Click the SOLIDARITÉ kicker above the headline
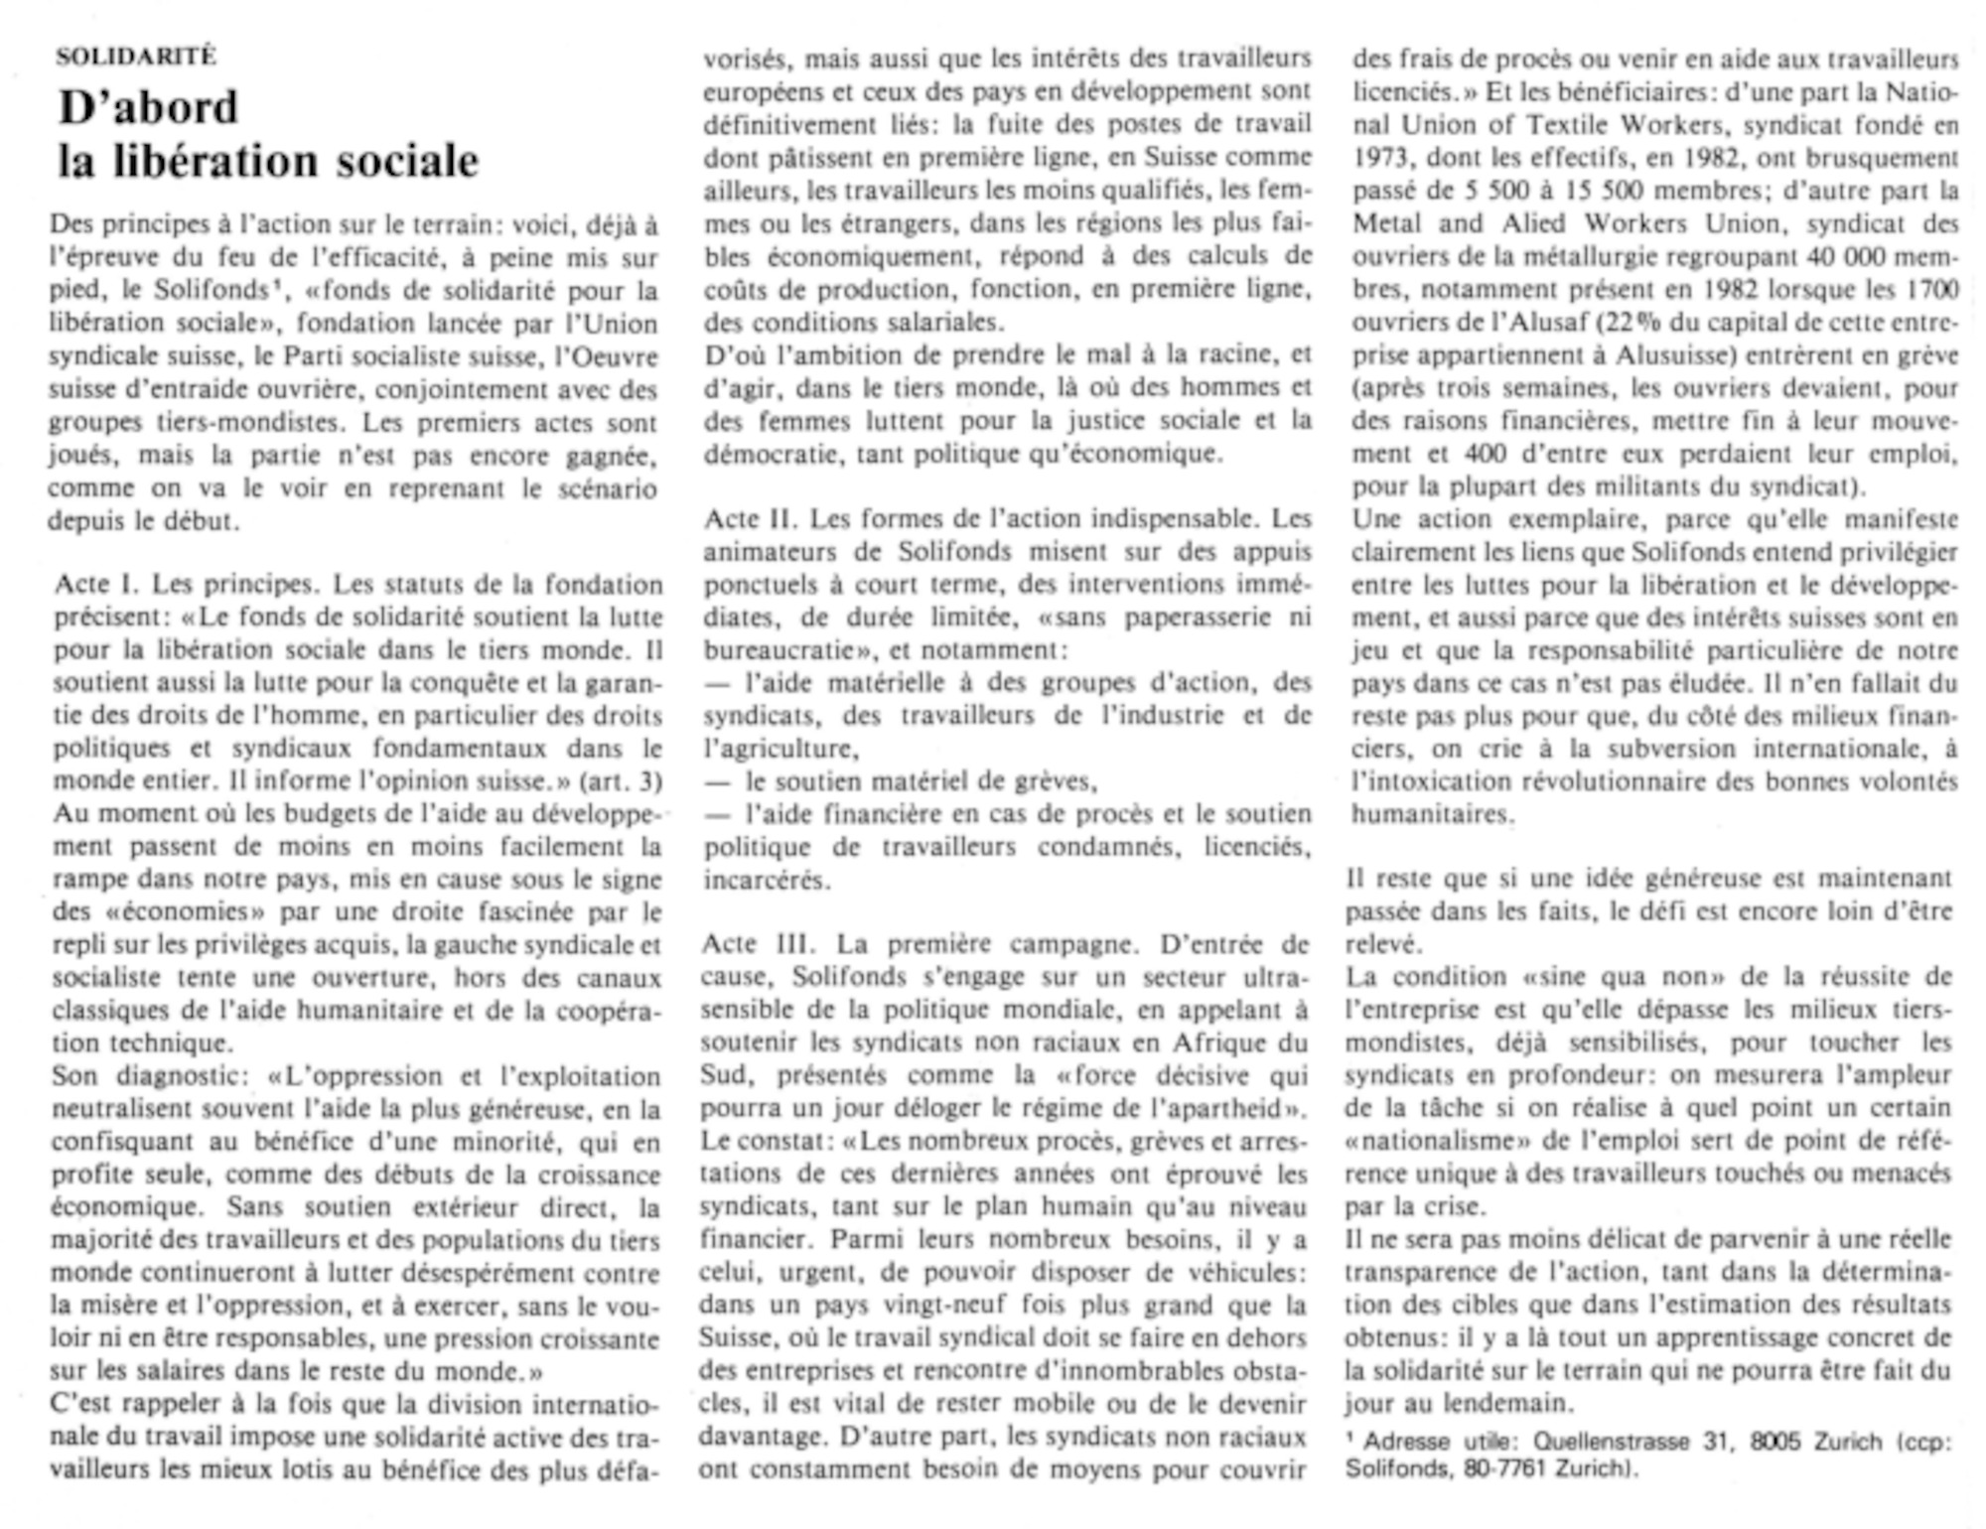coord(135,57)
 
